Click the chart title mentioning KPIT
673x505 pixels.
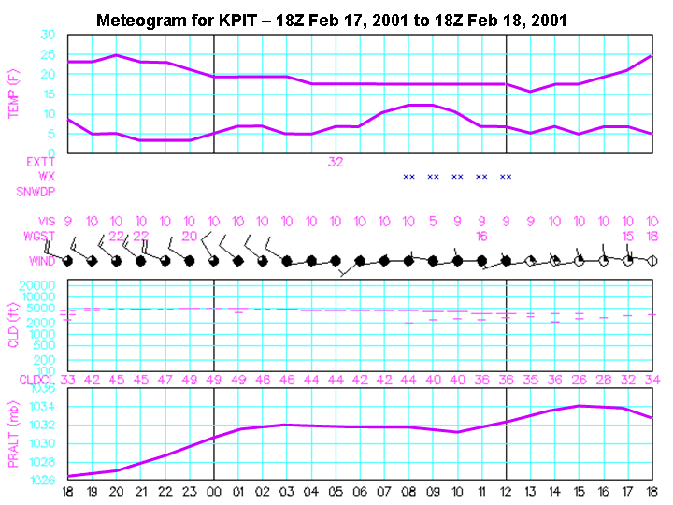(x=332, y=20)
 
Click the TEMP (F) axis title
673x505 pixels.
(x=13, y=94)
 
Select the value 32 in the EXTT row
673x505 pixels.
(x=336, y=161)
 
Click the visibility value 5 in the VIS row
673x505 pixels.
(x=433, y=222)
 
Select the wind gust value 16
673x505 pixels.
(x=481, y=237)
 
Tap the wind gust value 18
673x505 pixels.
(x=652, y=237)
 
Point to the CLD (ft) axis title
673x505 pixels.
(x=13, y=324)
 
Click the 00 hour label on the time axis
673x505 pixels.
(x=214, y=491)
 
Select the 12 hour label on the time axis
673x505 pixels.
(x=506, y=491)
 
